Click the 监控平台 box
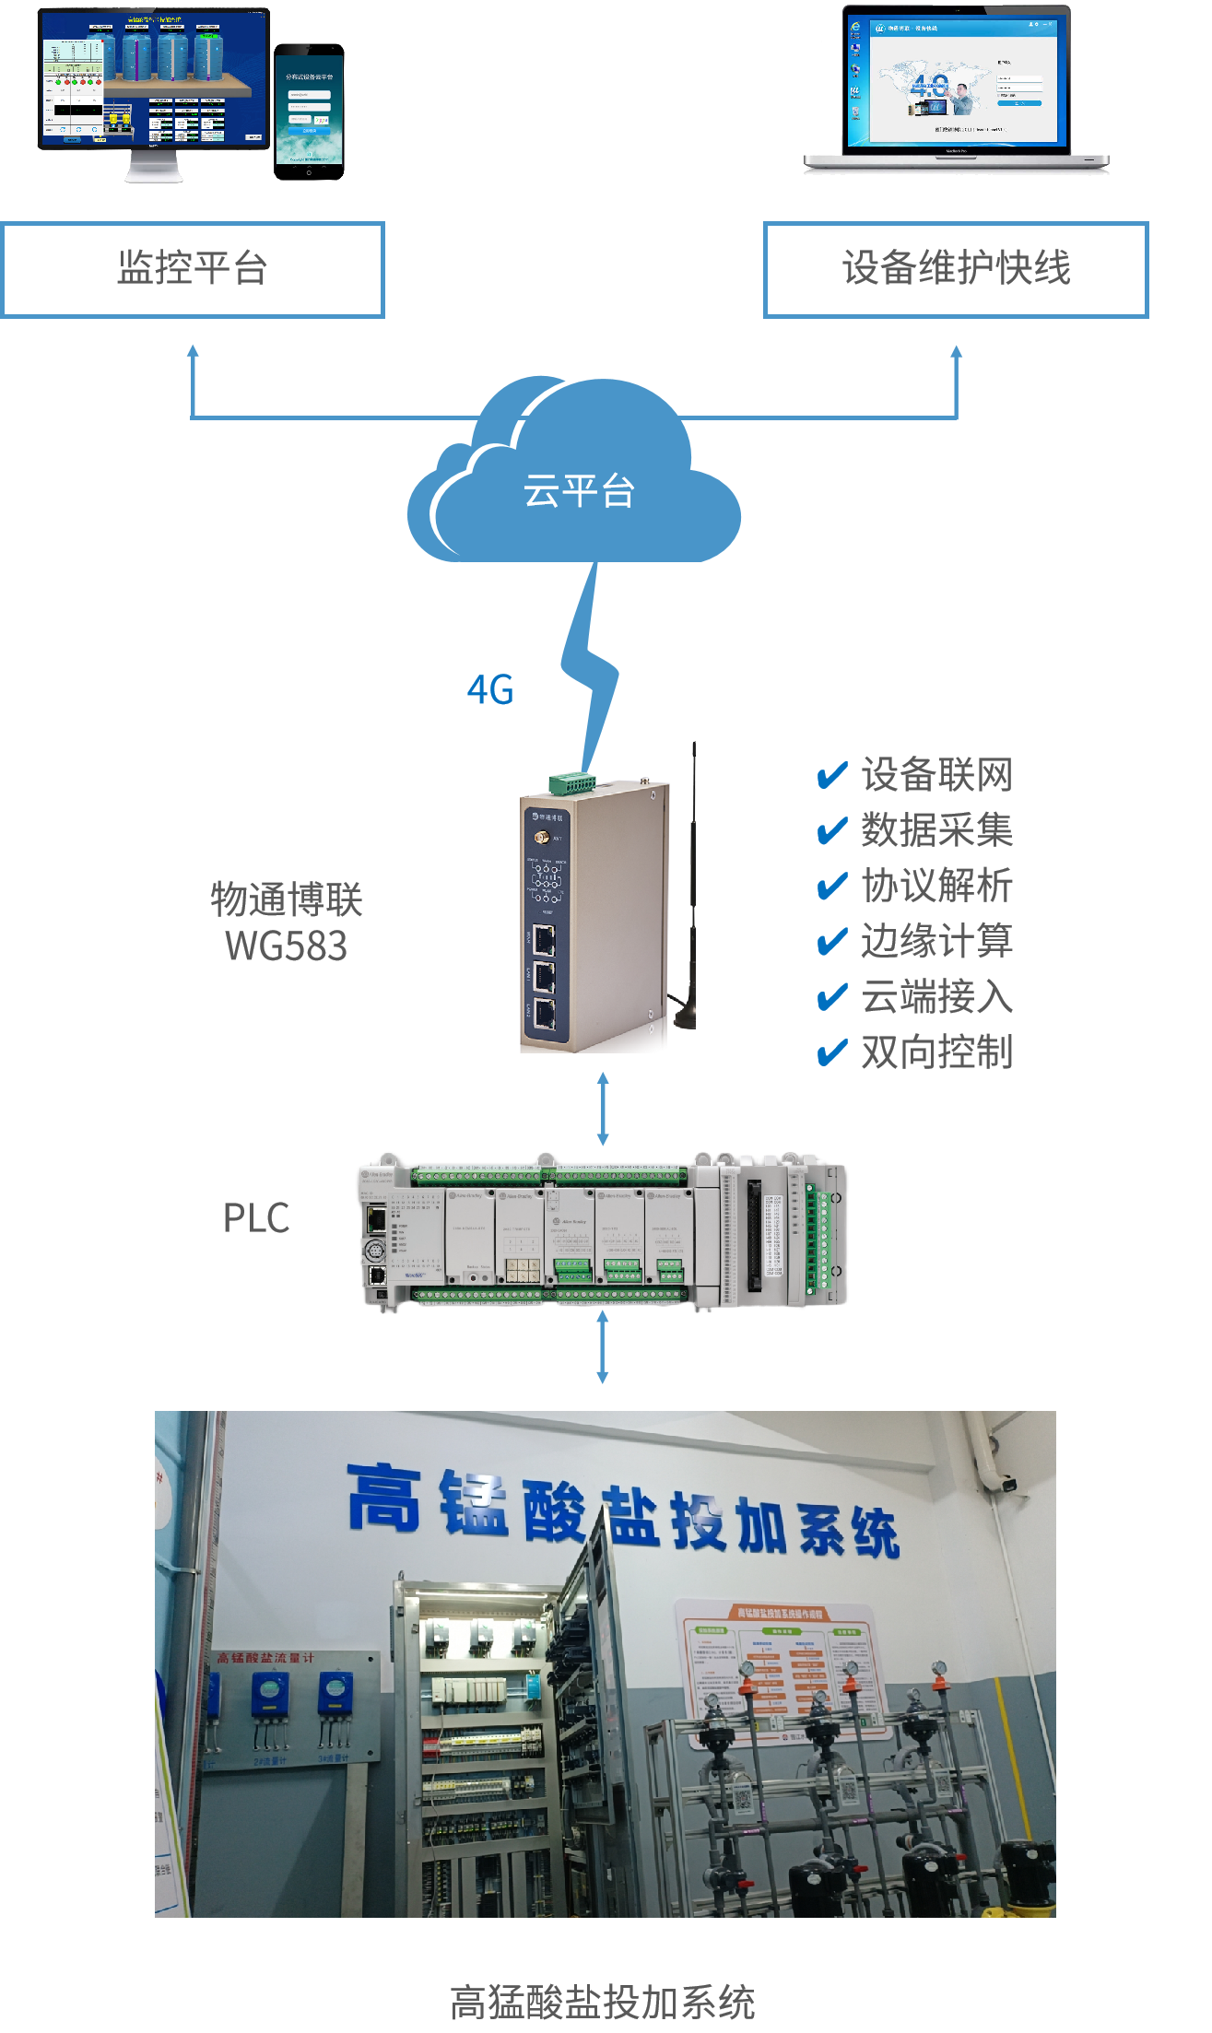pos(193,269)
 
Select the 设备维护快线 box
pos(956,269)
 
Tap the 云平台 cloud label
pos(579,491)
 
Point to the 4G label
pos(489,689)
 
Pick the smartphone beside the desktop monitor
pos(309,112)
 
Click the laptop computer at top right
pos(956,90)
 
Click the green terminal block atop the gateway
pos(571,783)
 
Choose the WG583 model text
pos(287,946)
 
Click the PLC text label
pos(256,1218)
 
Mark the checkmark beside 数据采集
pos(832,830)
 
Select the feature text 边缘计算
pos(936,941)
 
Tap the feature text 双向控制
pos(936,1052)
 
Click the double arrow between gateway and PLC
pos(603,1109)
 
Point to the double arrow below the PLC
pos(603,1347)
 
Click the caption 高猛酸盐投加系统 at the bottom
pos(603,2003)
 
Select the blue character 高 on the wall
pos(385,1498)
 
